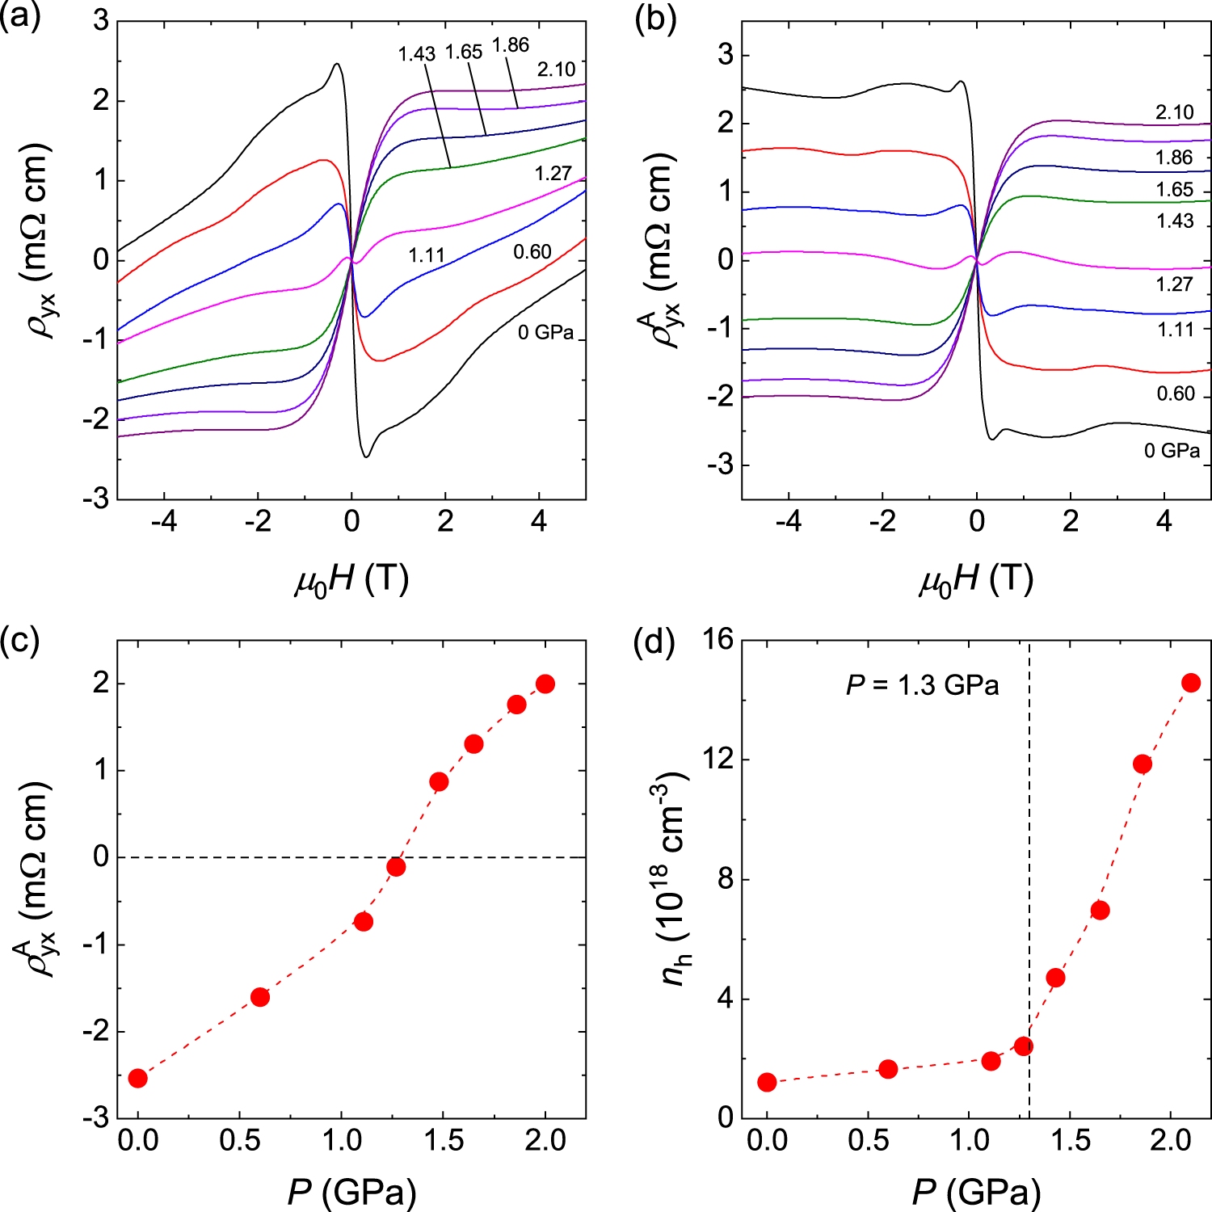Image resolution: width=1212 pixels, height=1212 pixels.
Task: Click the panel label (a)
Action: [x=19, y=18]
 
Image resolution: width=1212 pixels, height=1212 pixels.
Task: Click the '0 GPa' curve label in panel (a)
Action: [x=545, y=332]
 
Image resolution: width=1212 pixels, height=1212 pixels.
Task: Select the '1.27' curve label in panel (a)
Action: [x=553, y=174]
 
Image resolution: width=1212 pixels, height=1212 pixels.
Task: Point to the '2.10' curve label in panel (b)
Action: [x=1174, y=112]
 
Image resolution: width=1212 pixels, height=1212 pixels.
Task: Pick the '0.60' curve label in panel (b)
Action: [x=1176, y=393]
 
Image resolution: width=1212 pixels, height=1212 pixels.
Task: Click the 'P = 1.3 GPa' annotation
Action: [x=922, y=685]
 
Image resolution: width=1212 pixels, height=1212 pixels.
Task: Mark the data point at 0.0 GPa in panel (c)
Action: [x=138, y=1078]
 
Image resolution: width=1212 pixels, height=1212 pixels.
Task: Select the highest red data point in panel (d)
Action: [x=1191, y=683]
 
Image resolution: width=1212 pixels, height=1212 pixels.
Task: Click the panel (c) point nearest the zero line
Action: [x=396, y=867]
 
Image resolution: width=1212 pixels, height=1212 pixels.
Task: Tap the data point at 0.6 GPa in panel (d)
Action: [x=888, y=1069]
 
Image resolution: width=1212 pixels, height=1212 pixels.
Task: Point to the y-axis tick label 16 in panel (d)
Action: [x=716, y=640]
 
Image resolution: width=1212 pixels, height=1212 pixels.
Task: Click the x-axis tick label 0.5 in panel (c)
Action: [x=240, y=1141]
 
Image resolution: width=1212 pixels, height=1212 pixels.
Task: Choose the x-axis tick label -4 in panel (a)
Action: [x=164, y=522]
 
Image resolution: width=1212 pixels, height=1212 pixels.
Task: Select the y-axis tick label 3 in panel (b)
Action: [x=724, y=55]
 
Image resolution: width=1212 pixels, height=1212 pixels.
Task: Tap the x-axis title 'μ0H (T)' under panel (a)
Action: [x=351, y=579]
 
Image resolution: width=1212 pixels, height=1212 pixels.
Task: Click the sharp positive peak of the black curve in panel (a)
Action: [x=336, y=64]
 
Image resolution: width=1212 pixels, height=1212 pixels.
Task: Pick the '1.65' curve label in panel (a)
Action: [x=464, y=53]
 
